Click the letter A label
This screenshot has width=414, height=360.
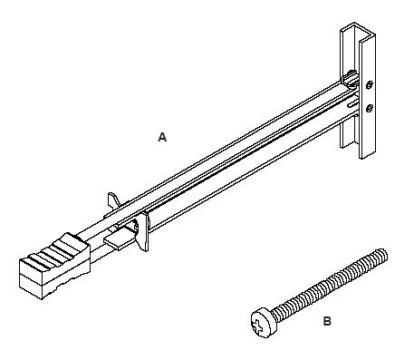tap(162, 137)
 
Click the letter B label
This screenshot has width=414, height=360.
tap(327, 321)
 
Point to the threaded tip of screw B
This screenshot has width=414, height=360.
tap(383, 255)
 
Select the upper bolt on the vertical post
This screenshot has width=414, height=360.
tap(370, 85)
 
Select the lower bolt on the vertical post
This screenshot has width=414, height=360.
tap(370, 108)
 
